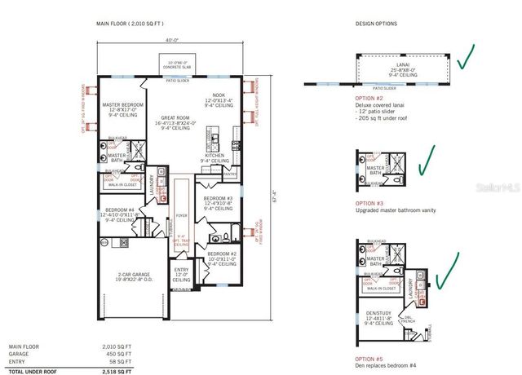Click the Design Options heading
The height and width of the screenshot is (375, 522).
[374, 23]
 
